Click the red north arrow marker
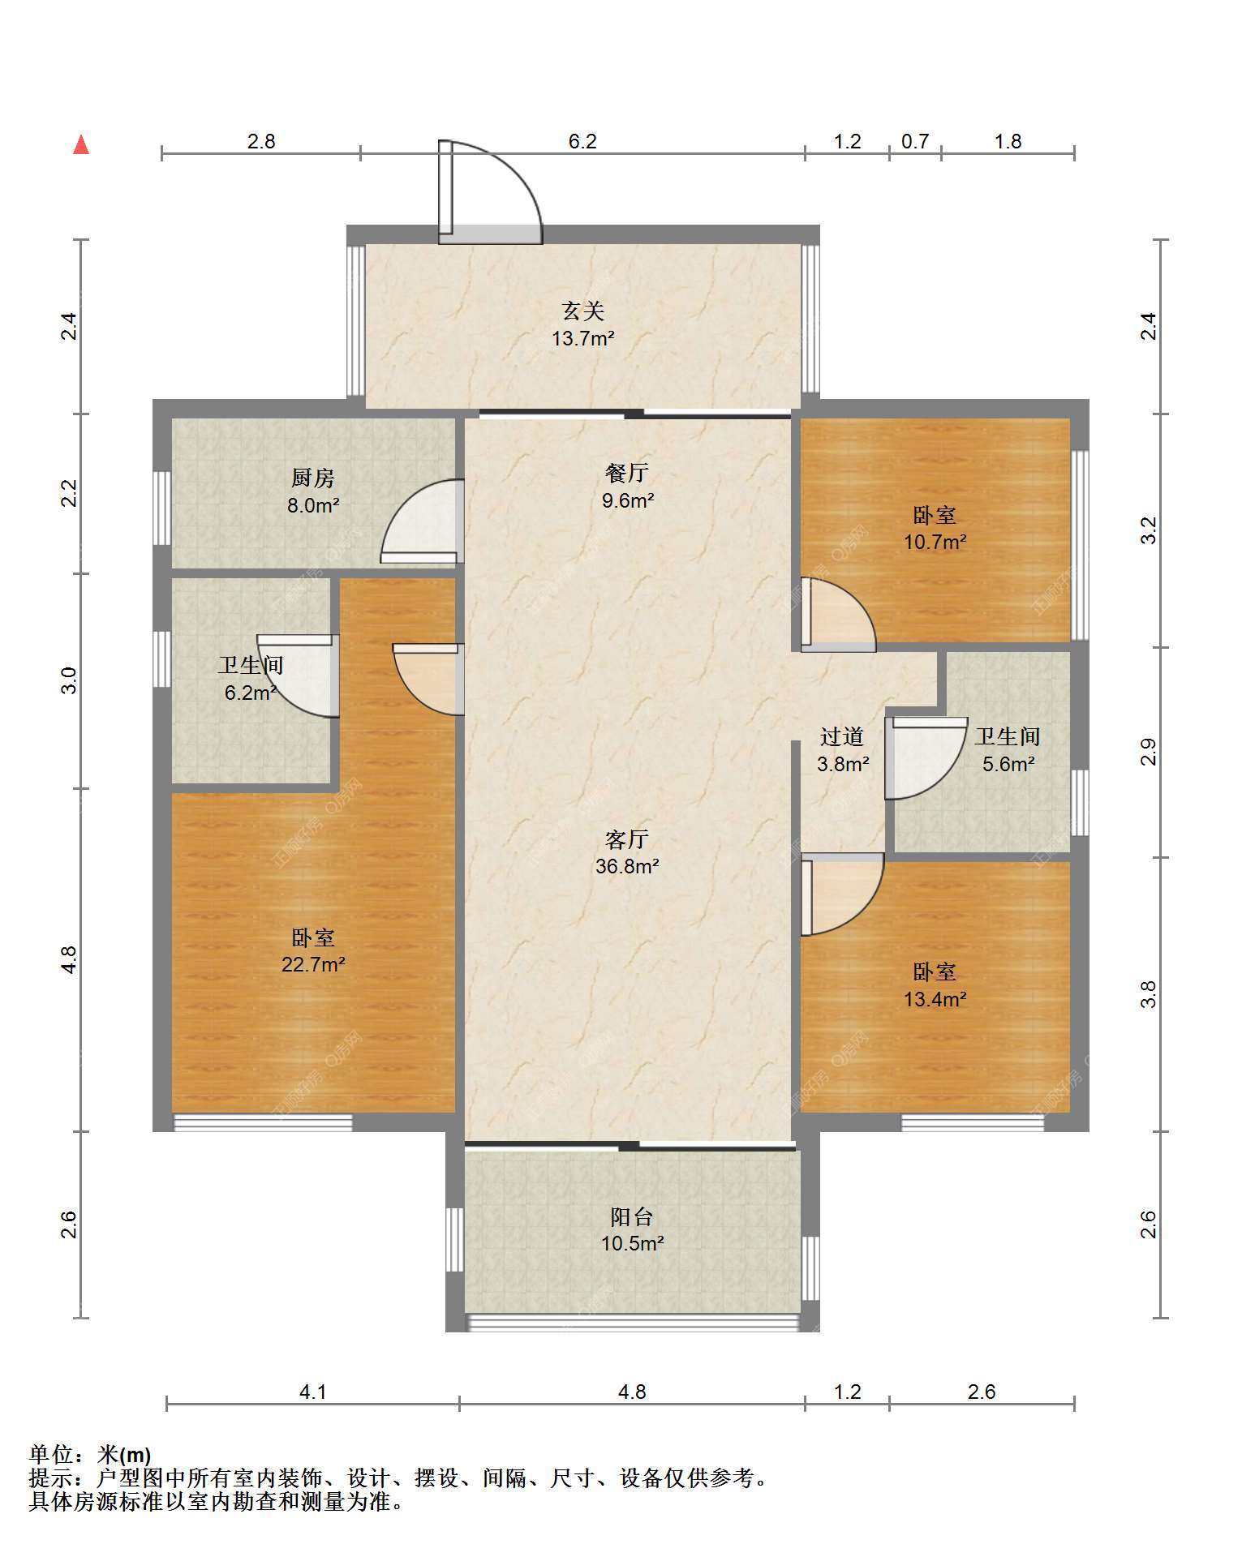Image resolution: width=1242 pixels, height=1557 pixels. (81, 145)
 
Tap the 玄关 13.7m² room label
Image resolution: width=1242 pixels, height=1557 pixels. (583, 324)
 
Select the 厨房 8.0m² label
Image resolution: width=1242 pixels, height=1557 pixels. (313, 491)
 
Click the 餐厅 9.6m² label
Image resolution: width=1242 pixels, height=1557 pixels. (627, 486)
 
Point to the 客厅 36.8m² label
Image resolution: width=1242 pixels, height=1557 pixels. (627, 852)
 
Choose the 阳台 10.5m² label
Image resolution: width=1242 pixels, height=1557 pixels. (632, 1229)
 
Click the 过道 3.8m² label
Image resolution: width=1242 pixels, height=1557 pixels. (843, 750)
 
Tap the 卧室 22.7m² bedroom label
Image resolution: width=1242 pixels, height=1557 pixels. (313, 951)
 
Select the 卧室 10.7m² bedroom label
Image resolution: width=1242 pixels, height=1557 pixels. (935, 528)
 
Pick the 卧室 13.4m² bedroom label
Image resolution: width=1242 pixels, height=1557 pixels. (935, 984)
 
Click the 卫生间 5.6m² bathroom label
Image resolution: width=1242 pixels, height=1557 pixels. (1008, 750)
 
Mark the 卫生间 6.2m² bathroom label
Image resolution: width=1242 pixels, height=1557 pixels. (251, 679)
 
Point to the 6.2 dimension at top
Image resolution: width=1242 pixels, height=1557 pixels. (582, 142)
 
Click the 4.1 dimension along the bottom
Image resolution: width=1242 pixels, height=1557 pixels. (313, 1392)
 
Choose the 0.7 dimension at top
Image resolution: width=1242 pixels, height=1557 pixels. (915, 142)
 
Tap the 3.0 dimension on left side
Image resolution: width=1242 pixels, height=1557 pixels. (70, 680)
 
